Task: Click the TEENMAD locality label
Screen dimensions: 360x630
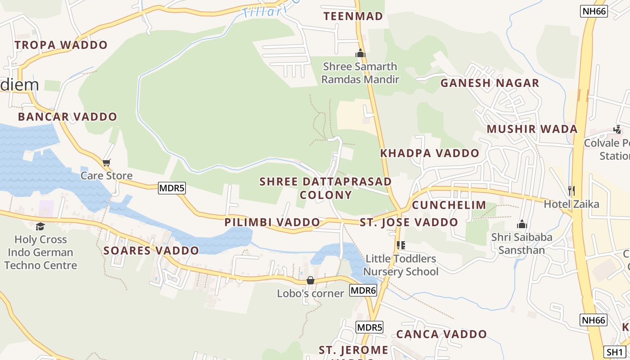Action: tap(353, 16)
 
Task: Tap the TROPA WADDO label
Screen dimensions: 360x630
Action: tap(61, 45)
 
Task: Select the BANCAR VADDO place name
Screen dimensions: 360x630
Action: tap(67, 117)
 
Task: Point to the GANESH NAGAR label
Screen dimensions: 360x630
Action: tap(490, 83)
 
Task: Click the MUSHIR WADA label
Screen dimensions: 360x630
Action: tap(532, 129)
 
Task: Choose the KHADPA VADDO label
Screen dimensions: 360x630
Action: tap(430, 153)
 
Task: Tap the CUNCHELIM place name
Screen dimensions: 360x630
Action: tap(449, 205)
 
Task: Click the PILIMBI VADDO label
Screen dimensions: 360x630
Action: tap(272, 222)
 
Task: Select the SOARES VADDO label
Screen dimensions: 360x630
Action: tap(151, 251)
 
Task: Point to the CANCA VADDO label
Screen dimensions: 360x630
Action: tap(441, 334)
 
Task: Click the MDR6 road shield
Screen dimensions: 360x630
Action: tap(363, 290)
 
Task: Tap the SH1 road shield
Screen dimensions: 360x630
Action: tap(614, 352)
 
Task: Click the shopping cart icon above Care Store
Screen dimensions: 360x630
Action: tap(107, 162)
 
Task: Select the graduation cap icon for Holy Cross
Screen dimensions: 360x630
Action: tap(40, 226)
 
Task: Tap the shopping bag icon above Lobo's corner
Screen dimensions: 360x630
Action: tap(310, 281)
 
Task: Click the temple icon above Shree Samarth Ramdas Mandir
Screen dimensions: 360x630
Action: tap(360, 53)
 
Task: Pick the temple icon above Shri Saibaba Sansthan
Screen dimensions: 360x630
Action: tap(522, 224)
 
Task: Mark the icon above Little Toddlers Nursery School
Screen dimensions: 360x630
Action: tap(401, 245)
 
